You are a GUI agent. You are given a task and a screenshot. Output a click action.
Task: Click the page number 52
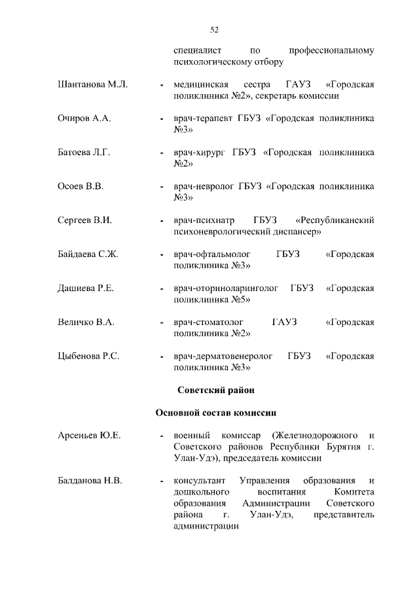click(214, 29)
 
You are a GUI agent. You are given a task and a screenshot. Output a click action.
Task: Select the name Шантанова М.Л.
click(93, 85)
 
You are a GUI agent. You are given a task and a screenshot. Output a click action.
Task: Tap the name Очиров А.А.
click(84, 118)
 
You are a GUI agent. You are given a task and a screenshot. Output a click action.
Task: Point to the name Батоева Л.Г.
click(84, 152)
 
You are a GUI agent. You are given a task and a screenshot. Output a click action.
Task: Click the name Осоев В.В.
click(81, 186)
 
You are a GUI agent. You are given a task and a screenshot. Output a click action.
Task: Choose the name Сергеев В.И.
click(85, 220)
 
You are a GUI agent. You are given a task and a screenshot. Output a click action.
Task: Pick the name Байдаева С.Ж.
click(88, 254)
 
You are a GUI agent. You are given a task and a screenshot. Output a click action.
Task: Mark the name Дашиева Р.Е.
click(86, 288)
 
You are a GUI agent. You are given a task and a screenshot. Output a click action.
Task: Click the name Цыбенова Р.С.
click(88, 357)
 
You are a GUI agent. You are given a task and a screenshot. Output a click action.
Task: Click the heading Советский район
click(215, 391)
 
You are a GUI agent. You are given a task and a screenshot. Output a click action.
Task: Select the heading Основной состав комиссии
click(215, 413)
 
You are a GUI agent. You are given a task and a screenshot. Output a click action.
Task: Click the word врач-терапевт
click(202, 118)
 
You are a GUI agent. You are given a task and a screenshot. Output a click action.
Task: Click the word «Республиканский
click(335, 220)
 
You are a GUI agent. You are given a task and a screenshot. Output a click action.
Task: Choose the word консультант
click(200, 481)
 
